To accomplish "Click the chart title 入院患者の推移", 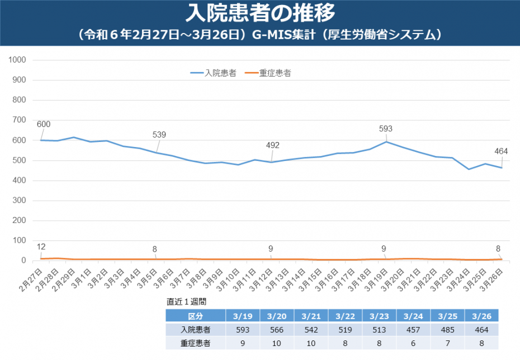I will pyautogui.click(x=260, y=12).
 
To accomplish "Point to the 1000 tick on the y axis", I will pyautogui.click(x=19, y=60).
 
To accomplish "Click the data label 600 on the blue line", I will pyautogui.click(x=44, y=124).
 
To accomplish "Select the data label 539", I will pyautogui.click(x=159, y=135).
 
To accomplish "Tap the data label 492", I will pyautogui.click(x=273, y=145).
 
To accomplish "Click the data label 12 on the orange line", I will pyautogui.click(x=41, y=247).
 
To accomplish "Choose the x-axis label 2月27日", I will pyautogui.click(x=30, y=280).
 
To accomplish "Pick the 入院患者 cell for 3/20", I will pyautogui.click(x=277, y=330).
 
